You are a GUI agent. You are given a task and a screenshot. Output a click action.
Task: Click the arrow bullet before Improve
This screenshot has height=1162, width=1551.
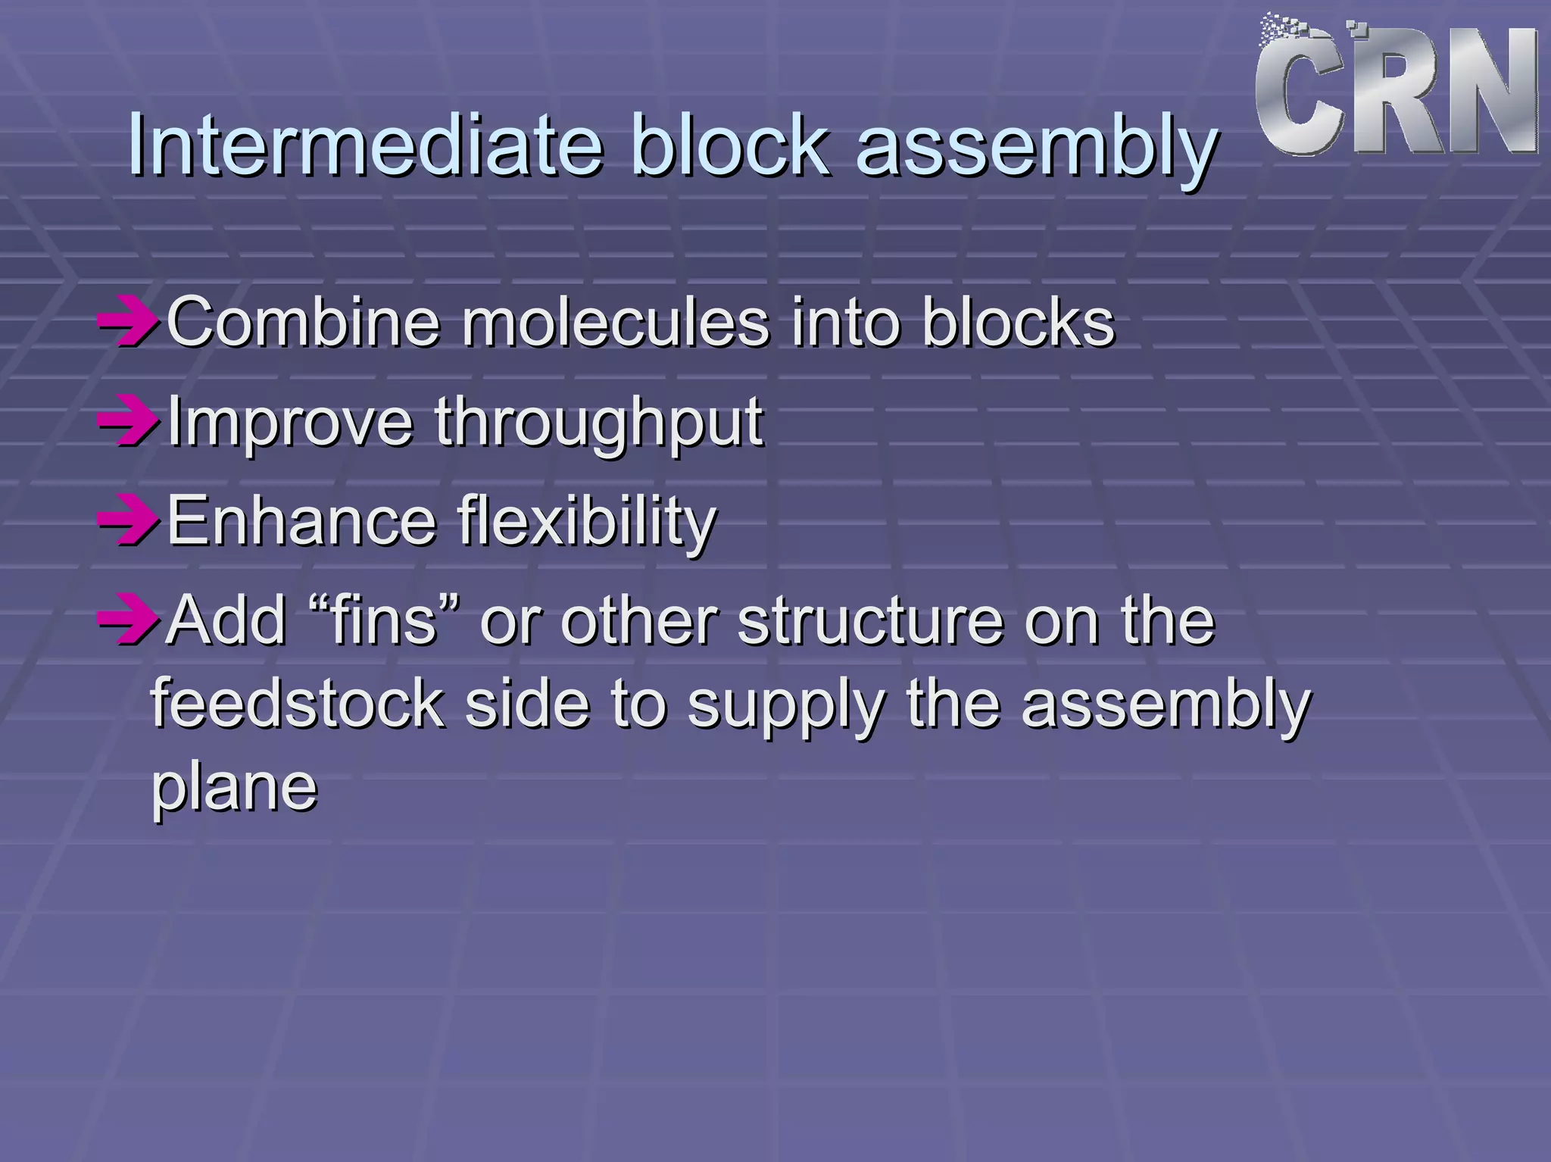[x=127, y=423]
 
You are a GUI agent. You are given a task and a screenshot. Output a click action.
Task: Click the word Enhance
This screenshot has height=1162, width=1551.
[x=301, y=520]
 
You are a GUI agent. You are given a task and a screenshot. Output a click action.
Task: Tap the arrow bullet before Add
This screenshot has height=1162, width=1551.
[x=127, y=621]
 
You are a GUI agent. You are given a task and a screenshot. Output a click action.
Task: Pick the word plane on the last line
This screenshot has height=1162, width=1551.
[x=234, y=788]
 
